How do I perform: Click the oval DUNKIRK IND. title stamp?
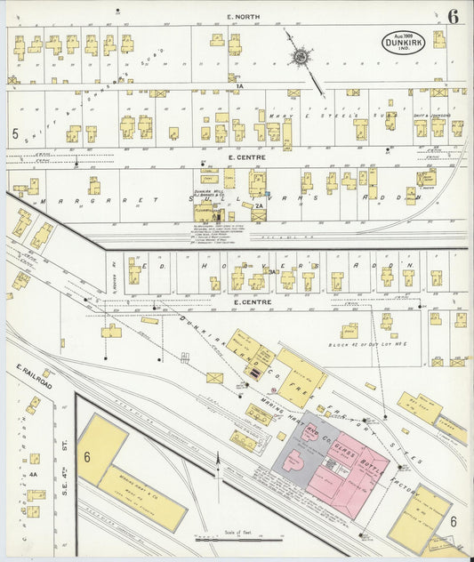point(404,41)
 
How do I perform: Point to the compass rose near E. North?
point(301,59)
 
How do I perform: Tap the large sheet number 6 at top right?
point(453,17)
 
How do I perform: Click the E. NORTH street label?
point(241,17)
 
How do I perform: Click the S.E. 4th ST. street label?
point(64,458)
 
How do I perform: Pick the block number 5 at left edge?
point(14,133)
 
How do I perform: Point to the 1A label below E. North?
point(239,85)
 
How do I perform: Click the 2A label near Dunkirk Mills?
point(259,206)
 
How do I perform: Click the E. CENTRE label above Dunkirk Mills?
point(242,157)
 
